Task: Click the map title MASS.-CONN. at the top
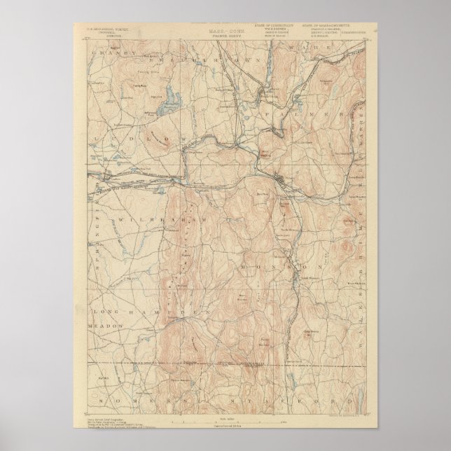click(x=225, y=30)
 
